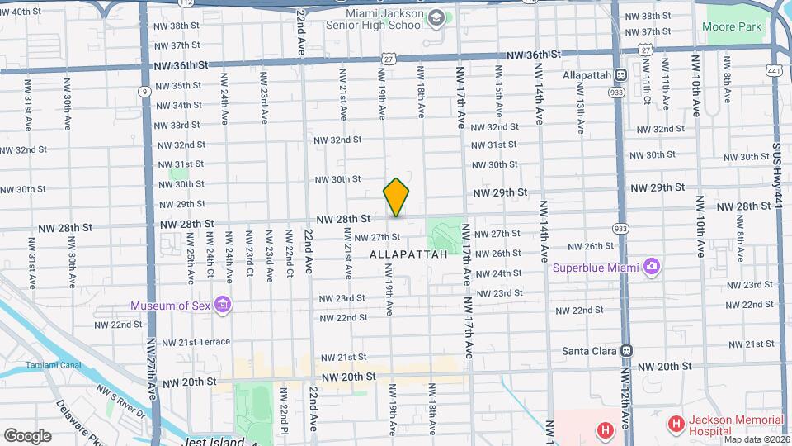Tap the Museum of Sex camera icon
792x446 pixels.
pyautogui.click(x=221, y=306)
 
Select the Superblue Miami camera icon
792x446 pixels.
pyautogui.click(x=652, y=266)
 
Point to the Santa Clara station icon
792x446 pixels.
pyautogui.click(x=627, y=350)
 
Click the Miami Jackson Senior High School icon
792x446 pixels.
pyautogui.click(x=436, y=18)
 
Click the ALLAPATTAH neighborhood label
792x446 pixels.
pyautogui.click(x=408, y=254)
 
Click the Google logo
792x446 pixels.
pyautogui.click(x=27, y=435)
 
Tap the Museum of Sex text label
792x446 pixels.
pyautogui.click(x=171, y=306)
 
